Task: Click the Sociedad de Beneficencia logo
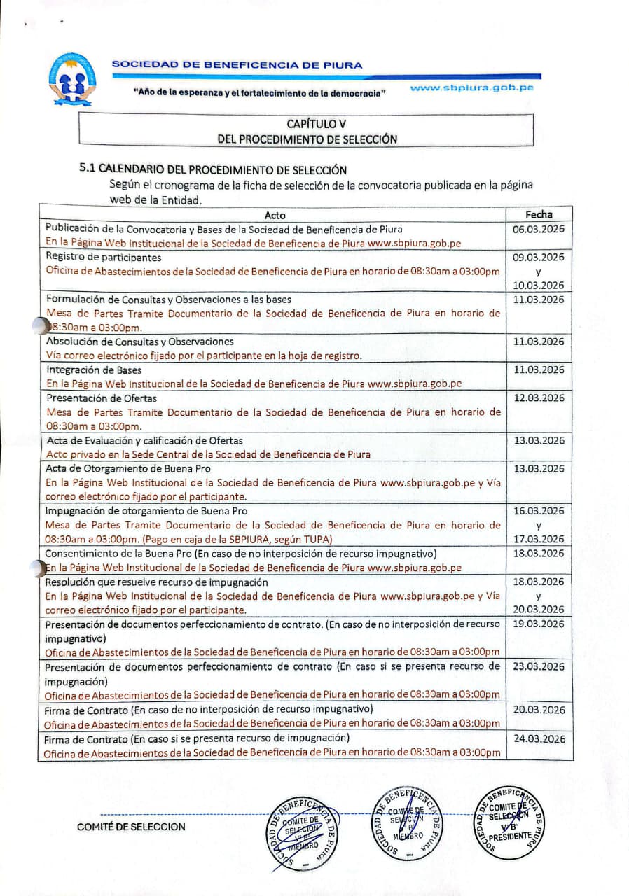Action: coord(73,79)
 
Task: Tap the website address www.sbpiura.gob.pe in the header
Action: coord(471,88)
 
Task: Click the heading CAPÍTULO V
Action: coord(307,124)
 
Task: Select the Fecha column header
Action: coord(539,215)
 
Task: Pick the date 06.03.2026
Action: coord(539,229)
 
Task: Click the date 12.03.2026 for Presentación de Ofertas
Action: coord(539,398)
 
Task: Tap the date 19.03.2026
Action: coord(539,624)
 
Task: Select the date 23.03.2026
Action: coord(539,666)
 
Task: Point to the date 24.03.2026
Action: coord(539,738)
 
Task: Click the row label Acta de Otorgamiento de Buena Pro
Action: coord(128,468)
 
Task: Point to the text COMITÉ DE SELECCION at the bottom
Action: coord(131,827)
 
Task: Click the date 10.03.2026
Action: coord(539,285)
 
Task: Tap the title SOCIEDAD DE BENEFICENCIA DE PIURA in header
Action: coord(237,65)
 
